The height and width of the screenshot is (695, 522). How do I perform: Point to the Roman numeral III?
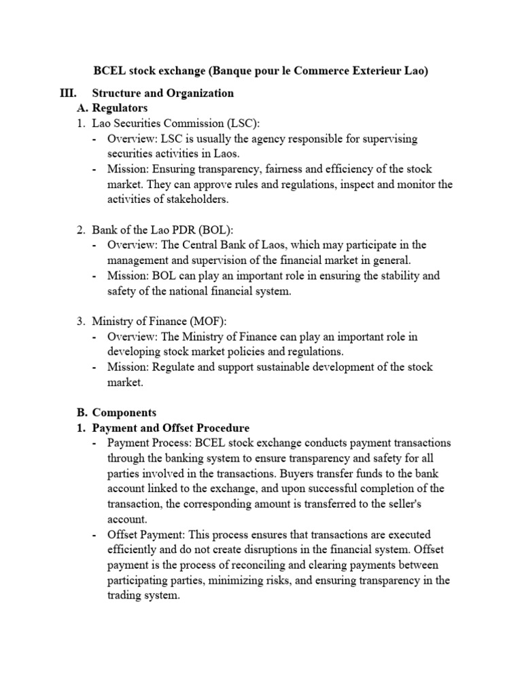click(70, 93)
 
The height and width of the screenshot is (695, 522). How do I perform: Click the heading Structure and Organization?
click(162, 93)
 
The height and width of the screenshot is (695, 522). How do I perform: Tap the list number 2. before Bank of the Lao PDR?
click(80, 229)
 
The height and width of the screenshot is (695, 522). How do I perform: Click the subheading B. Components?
click(115, 413)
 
